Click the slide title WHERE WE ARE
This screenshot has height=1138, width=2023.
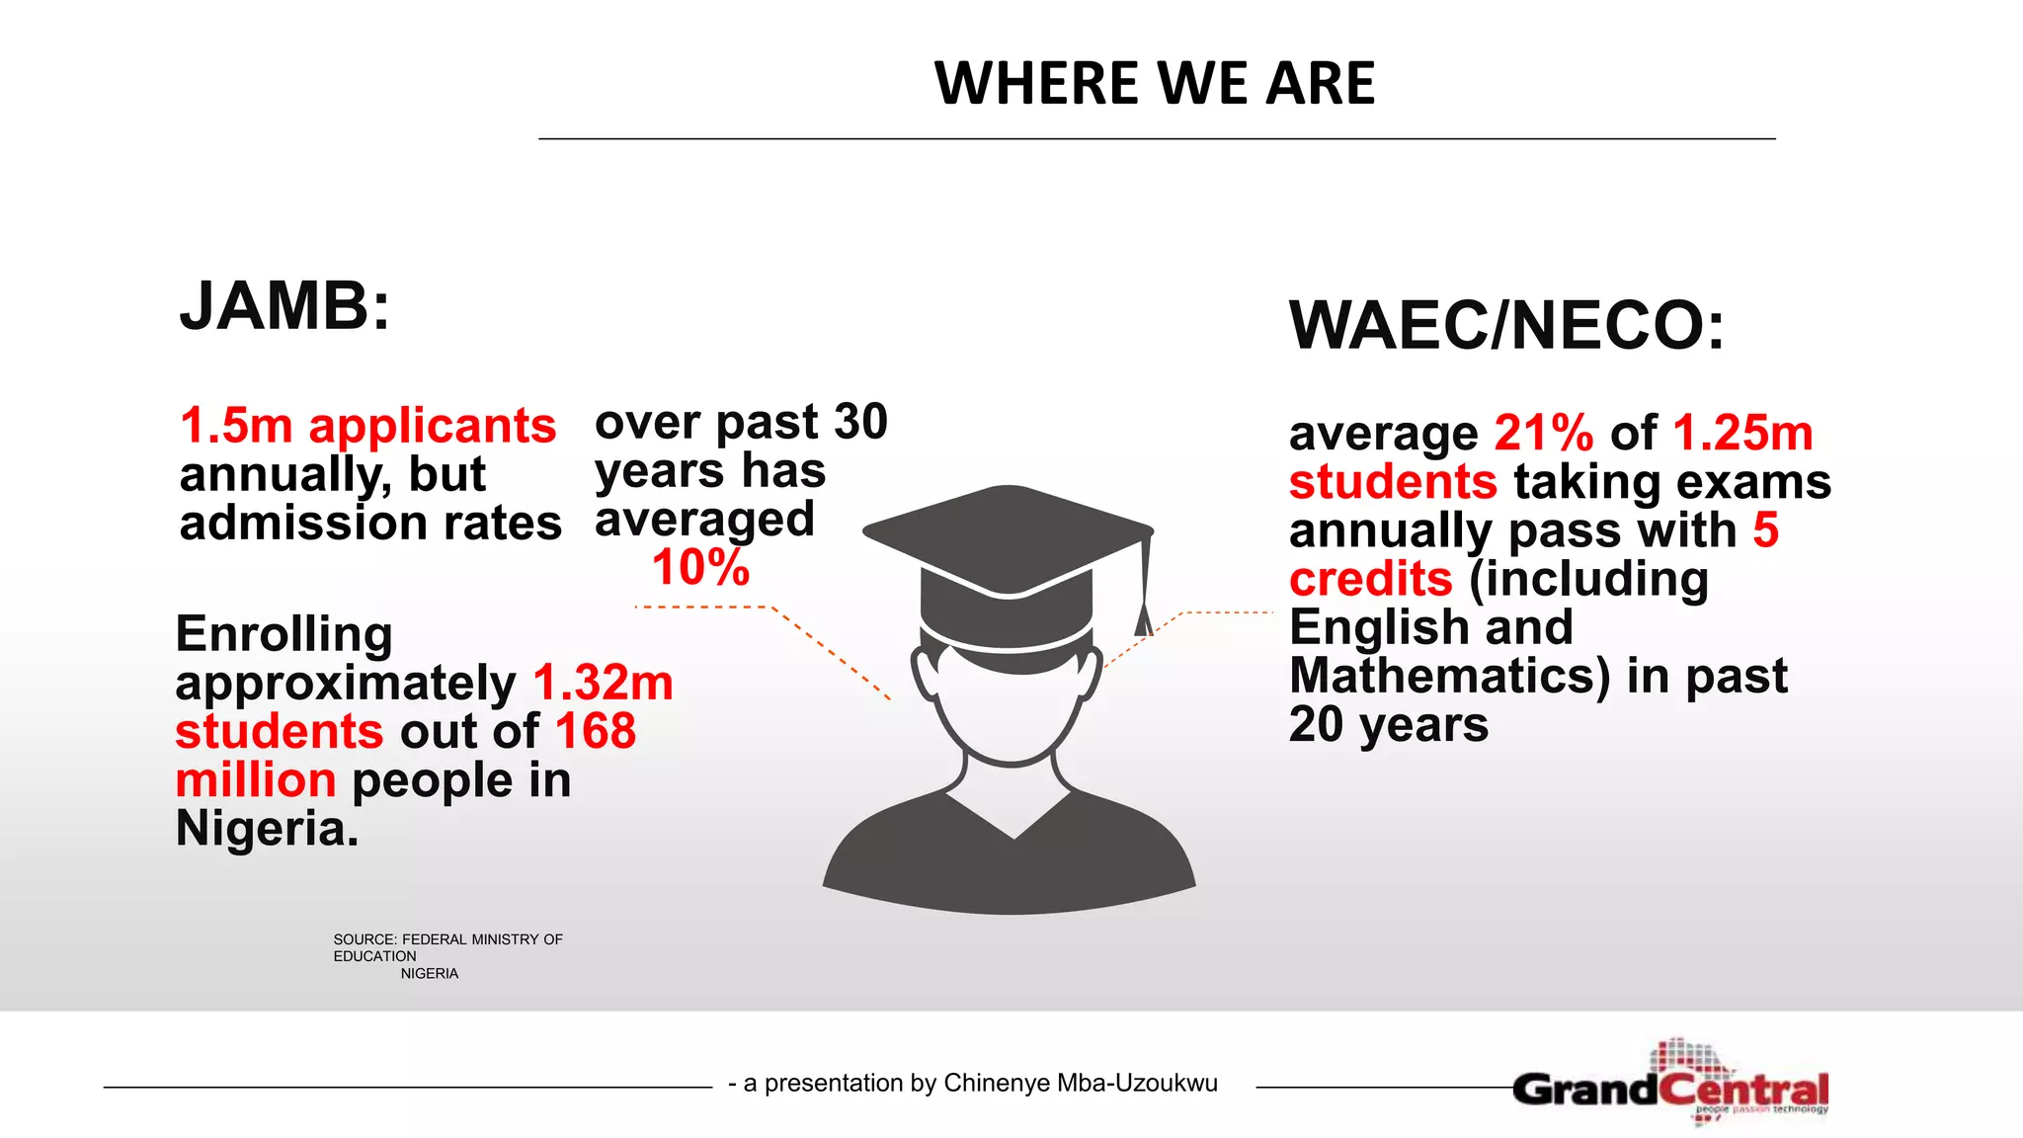coord(1154,83)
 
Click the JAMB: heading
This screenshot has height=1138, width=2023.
coord(284,306)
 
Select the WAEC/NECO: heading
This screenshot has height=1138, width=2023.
coord(1506,325)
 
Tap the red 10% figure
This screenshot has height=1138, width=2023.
coord(700,568)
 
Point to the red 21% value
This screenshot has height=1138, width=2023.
coord(1543,433)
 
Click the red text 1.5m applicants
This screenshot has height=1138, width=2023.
coord(367,426)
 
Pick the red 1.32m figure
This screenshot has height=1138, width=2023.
coord(603,683)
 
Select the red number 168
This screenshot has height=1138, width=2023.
coord(596,731)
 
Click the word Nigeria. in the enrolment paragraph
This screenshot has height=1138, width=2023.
coord(267,828)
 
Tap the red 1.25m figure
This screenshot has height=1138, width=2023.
coord(1742,433)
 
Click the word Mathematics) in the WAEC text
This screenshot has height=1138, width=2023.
coord(1449,676)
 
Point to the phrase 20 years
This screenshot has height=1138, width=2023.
coord(1388,725)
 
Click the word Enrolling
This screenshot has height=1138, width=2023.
coord(284,634)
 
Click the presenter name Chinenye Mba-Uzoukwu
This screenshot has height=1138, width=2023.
coord(1080,1083)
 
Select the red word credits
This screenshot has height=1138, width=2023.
coord(1370,579)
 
